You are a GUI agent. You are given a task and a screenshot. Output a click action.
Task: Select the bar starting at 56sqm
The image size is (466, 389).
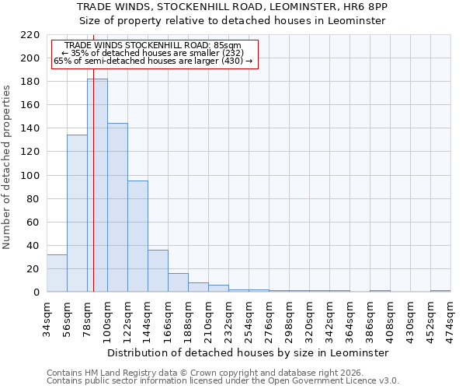pyautogui.click(x=77, y=213)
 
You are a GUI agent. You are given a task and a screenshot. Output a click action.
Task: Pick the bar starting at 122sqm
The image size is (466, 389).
pyautogui.click(x=137, y=237)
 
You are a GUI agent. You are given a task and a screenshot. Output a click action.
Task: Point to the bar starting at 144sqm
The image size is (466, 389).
pyautogui.click(x=158, y=271)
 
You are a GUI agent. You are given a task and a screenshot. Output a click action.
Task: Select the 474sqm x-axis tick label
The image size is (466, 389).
pyautogui.click(x=450, y=319)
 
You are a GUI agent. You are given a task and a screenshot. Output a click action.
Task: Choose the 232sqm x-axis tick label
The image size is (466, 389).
pyautogui.click(x=228, y=319)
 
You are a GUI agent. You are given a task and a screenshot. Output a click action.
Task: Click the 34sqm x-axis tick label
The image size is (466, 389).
pyautogui.click(x=47, y=319)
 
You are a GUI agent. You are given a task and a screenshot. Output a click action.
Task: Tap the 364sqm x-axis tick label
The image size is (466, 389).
pyautogui.click(x=349, y=319)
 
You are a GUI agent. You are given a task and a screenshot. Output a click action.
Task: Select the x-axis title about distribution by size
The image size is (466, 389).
pyautogui.click(x=248, y=352)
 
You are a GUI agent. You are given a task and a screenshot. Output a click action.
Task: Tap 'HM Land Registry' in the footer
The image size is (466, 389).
pyautogui.click(x=106, y=373)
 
